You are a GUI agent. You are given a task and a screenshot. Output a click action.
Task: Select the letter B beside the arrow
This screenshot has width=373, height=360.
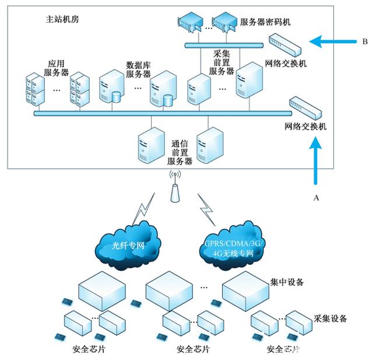(364, 41)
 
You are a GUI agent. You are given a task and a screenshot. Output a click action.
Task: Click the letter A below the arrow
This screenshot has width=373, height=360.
(316, 198)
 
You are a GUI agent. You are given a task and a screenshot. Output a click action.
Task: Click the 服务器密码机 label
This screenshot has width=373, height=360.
(265, 22)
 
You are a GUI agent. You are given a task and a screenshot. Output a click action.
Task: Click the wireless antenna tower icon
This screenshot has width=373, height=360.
(175, 187)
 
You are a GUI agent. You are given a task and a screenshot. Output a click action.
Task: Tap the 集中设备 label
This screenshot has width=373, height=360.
(287, 282)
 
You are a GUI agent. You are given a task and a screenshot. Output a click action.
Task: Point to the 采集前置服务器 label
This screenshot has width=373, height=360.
(222, 62)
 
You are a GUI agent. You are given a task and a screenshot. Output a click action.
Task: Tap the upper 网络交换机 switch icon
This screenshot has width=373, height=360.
(286, 44)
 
